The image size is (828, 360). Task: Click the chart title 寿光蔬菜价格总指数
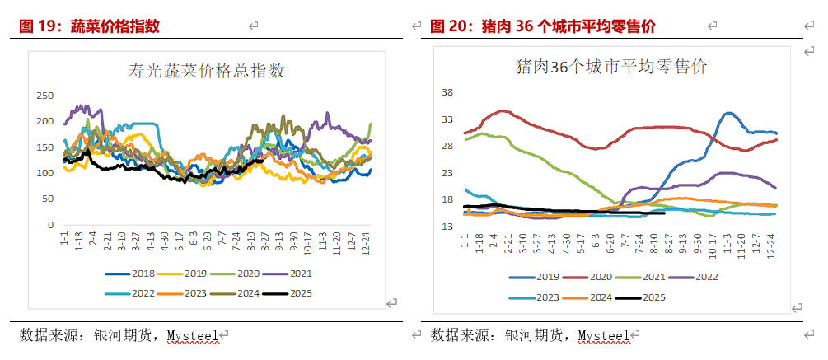(x=206, y=71)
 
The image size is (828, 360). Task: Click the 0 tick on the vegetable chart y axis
(x=51, y=224)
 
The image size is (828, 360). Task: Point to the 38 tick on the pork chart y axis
(x=449, y=92)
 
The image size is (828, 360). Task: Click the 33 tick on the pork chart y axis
(x=449, y=119)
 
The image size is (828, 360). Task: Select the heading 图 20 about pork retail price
(x=543, y=26)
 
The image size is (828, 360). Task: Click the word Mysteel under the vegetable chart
(x=192, y=335)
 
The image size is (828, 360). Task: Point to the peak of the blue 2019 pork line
(x=729, y=114)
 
